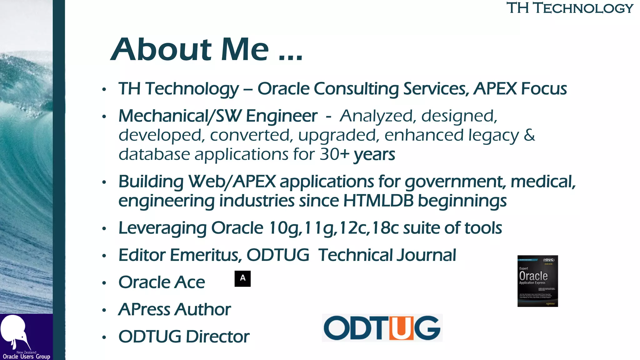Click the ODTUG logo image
point(382,328)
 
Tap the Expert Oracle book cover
point(537,281)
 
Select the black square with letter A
point(242,278)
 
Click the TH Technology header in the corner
point(570,8)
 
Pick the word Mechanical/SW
point(180,116)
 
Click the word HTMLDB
point(378,201)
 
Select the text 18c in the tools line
point(385,228)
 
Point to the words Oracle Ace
point(162,282)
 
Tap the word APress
point(144,310)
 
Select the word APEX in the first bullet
point(495,89)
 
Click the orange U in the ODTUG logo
point(401,328)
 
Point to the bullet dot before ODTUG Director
point(104,337)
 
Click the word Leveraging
point(162,228)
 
